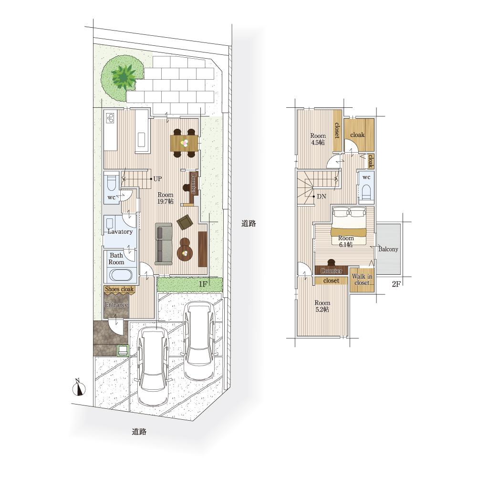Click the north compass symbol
79,387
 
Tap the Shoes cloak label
119,289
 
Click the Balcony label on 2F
388,249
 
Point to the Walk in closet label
362,279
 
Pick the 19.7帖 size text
166,201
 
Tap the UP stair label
157,179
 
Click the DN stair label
321,197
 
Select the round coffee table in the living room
185,252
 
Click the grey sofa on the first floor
164,244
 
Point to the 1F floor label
203,284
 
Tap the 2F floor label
396,284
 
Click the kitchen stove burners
110,118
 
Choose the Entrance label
116,304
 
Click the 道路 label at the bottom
139,431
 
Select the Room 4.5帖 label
318,139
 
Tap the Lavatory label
120,231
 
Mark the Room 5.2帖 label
322,306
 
